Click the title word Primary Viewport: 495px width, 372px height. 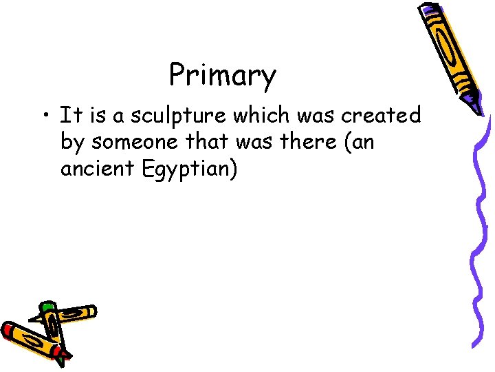[x=222, y=76]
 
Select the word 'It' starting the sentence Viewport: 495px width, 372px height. [x=69, y=114]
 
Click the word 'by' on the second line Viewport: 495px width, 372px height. [x=71, y=142]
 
